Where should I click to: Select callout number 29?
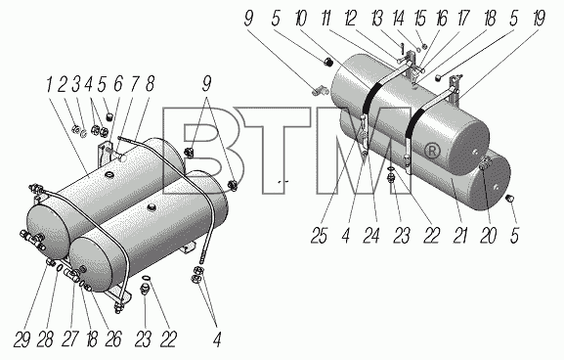(x=22, y=339)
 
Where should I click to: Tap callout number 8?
(x=150, y=85)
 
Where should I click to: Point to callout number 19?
(x=539, y=18)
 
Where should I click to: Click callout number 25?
(x=319, y=236)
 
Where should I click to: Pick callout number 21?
(x=460, y=236)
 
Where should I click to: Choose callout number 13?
(x=377, y=18)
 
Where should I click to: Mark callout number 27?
(x=69, y=339)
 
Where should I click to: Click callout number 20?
(x=488, y=236)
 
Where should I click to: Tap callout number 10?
(x=300, y=18)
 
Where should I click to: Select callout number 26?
(x=113, y=339)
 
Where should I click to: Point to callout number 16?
(x=442, y=18)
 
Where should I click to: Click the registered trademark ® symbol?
(x=432, y=151)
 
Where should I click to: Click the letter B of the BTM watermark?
(x=202, y=151)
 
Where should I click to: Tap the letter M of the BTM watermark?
(x=364, y=151)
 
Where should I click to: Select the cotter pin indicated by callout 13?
(x=403, y=47)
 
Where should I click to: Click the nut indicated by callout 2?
(x=75, y=129)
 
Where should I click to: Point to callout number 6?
(x=118, y=85)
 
